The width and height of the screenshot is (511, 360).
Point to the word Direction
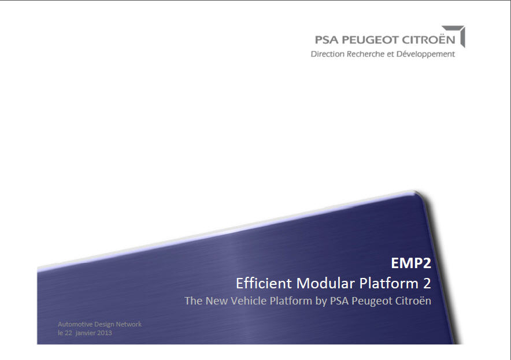pyautogui.click(x=328, y=54)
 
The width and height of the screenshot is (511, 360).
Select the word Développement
pyautogui.click(x=426, y=54)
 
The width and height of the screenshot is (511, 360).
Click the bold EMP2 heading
pyautogui.click(x=411, y=264)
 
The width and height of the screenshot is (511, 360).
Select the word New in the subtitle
pyautogui.click(x=217, y=301)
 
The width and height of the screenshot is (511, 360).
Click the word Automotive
pyautogui.click(x=75, y=324)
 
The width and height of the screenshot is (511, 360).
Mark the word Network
pyautogui.click(x=130, y=324)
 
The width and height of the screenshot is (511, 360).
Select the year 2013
pyautogui.click(x=105, y=333)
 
